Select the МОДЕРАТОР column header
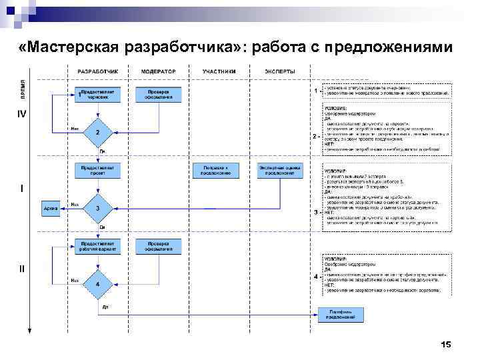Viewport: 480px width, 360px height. coord(159,71)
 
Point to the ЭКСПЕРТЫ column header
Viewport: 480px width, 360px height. coord(279,71)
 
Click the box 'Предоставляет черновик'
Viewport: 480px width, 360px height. coord(99,94)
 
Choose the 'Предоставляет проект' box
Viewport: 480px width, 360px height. coord(98,170)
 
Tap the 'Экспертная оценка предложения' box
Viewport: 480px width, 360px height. coord(280,170)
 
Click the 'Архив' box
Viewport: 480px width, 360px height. coord(51,209)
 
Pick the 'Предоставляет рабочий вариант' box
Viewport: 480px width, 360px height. coord(98,246)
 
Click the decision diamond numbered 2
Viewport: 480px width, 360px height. coord(98,133)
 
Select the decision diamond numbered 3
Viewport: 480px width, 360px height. coord(98,209)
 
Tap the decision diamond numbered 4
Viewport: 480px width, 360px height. coord(98,285)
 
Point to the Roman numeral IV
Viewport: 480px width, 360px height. coord(22,115)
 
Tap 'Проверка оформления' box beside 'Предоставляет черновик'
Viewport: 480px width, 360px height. coord(159,94)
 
